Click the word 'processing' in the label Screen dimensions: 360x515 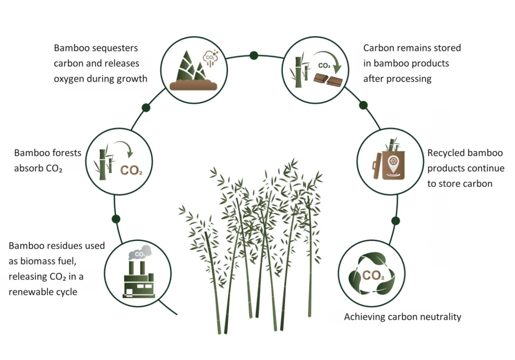tap(407, 79)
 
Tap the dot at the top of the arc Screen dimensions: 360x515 tap(254, 55)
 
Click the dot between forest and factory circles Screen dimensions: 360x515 tap(116, 219)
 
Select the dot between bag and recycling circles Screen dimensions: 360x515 tap(395, 221)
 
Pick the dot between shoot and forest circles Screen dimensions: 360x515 tap(146, 108)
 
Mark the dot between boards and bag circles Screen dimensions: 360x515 tap(363, 105)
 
